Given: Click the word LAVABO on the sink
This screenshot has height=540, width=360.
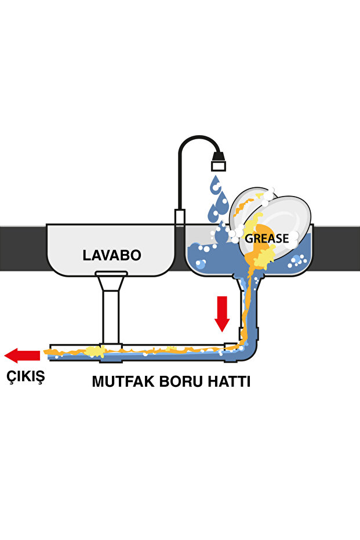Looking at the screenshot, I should (112, 255).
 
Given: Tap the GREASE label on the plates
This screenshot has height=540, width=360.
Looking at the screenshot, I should (267, 238).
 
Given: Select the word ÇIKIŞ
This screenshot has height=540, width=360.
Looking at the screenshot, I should (26, 376).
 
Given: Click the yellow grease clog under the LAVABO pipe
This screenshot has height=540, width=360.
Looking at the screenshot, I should (93, 351).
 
